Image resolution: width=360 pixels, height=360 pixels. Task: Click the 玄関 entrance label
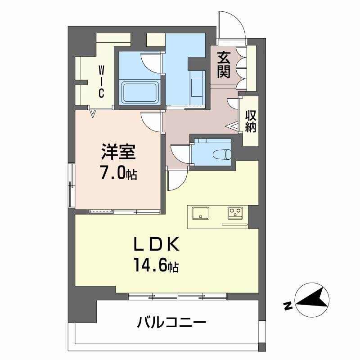click(x=224, y=64)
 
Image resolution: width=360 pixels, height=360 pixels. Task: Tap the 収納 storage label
click(x=251, y=121)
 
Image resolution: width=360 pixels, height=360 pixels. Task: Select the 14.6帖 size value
click(x=155, y=266)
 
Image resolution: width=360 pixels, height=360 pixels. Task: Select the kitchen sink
click(x=201, y=212)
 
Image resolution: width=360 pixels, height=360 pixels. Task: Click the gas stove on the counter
click(x=235, y=212)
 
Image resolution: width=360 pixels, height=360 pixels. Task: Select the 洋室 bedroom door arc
click(x=151, y=121)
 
